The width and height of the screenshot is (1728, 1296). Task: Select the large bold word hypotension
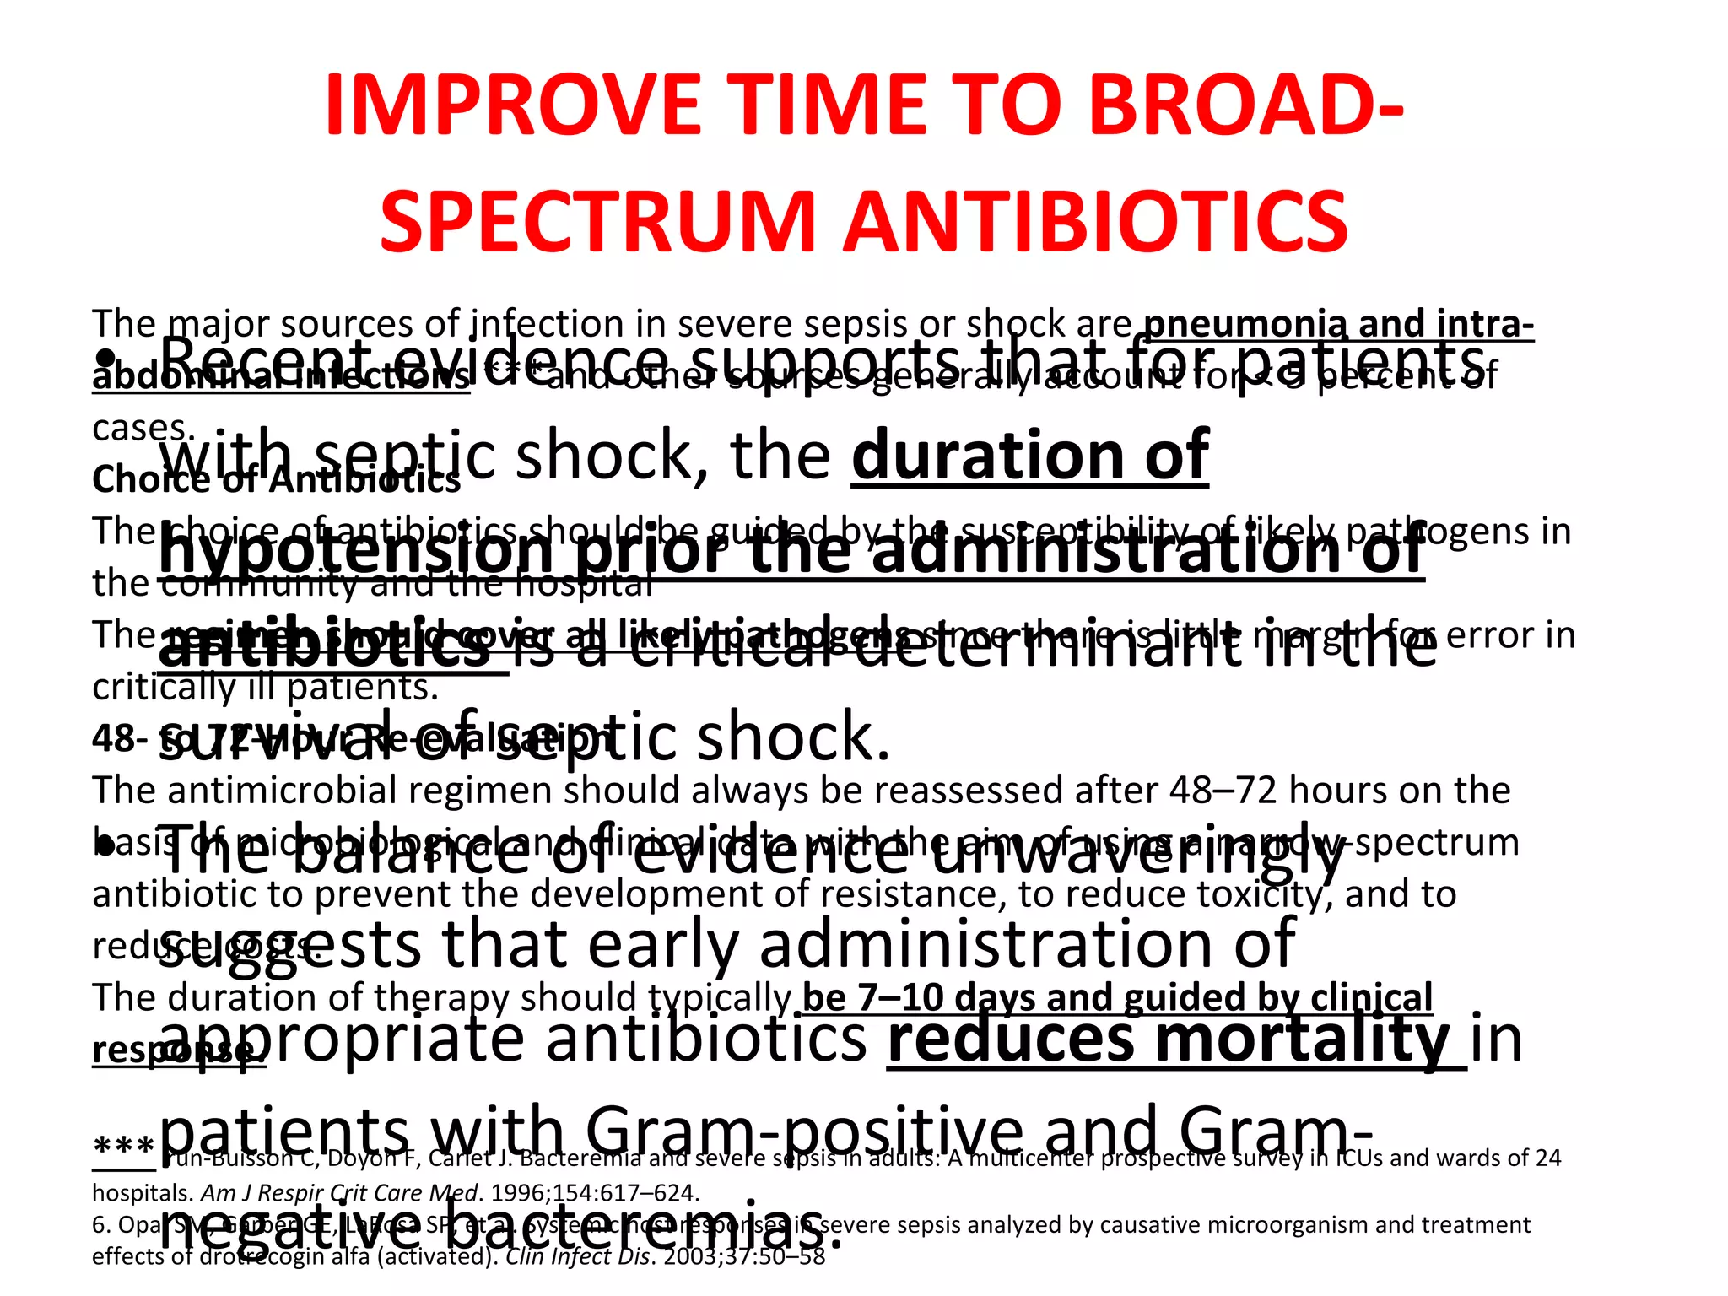355,553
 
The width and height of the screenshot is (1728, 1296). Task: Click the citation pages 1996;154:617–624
595,1193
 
